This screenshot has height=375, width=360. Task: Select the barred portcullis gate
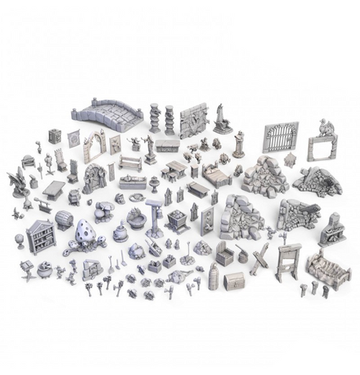pyautogui.click(x=279, y=137)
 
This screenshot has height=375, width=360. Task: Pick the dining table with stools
pyautogui.click(x=176, y=171)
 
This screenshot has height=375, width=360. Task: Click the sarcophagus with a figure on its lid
pyautogui.click(x=132, y=182)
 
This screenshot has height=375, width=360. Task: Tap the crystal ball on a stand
pyautogui.click(x=20, y=240)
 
